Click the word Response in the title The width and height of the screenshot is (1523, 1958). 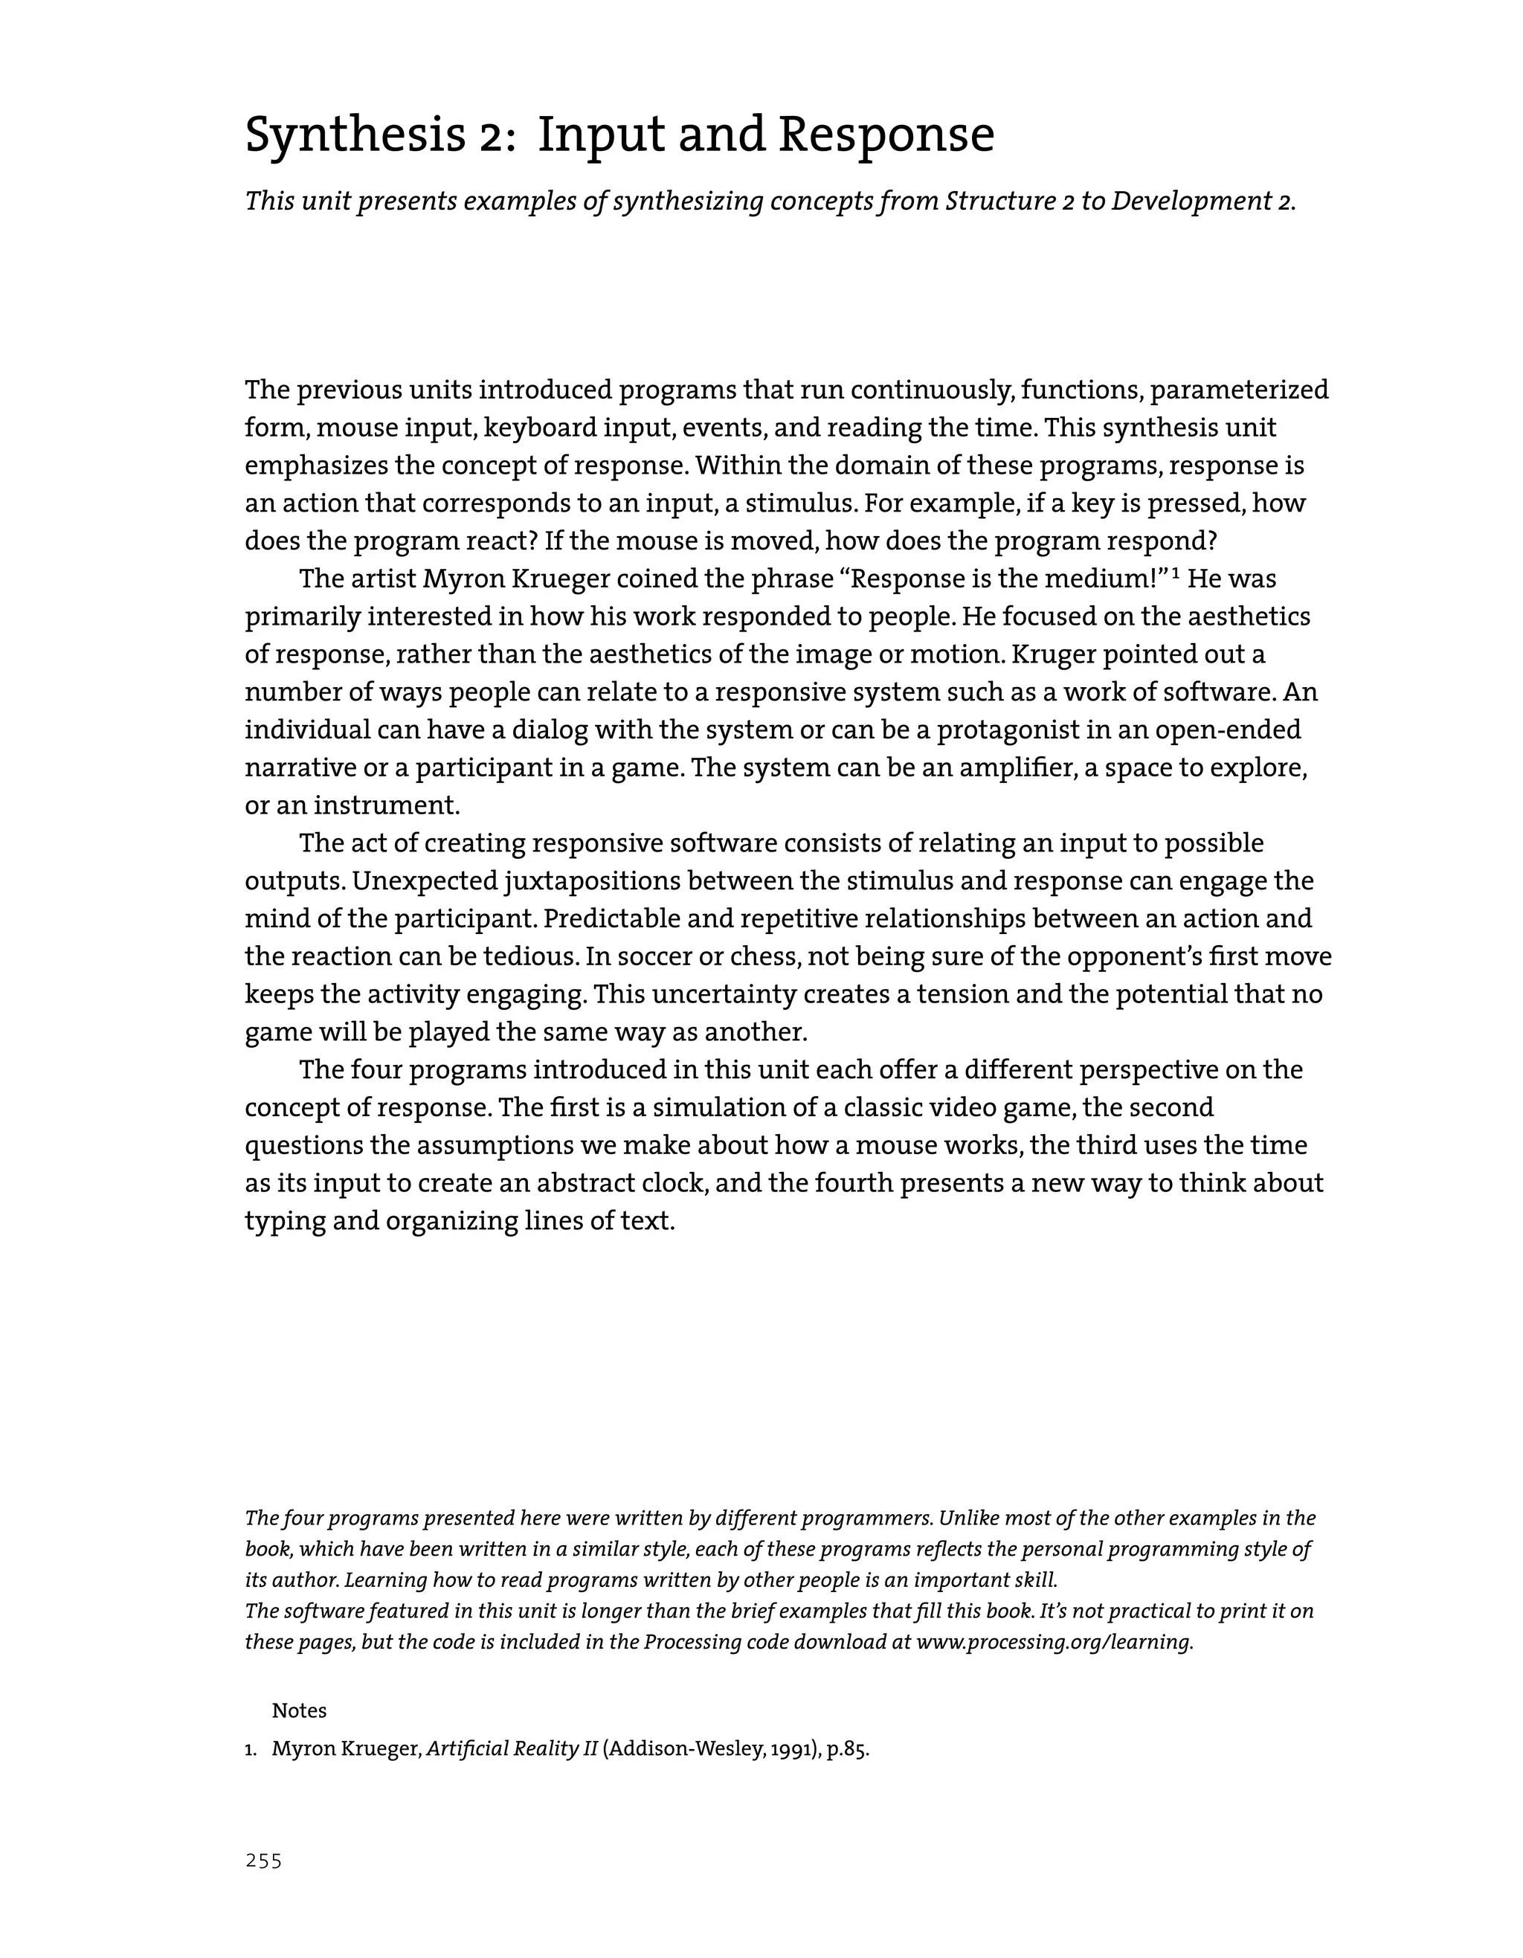point(886,136)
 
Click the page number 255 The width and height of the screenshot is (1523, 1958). point(263,1861)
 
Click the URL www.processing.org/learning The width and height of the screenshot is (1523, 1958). point(1054,1643)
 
